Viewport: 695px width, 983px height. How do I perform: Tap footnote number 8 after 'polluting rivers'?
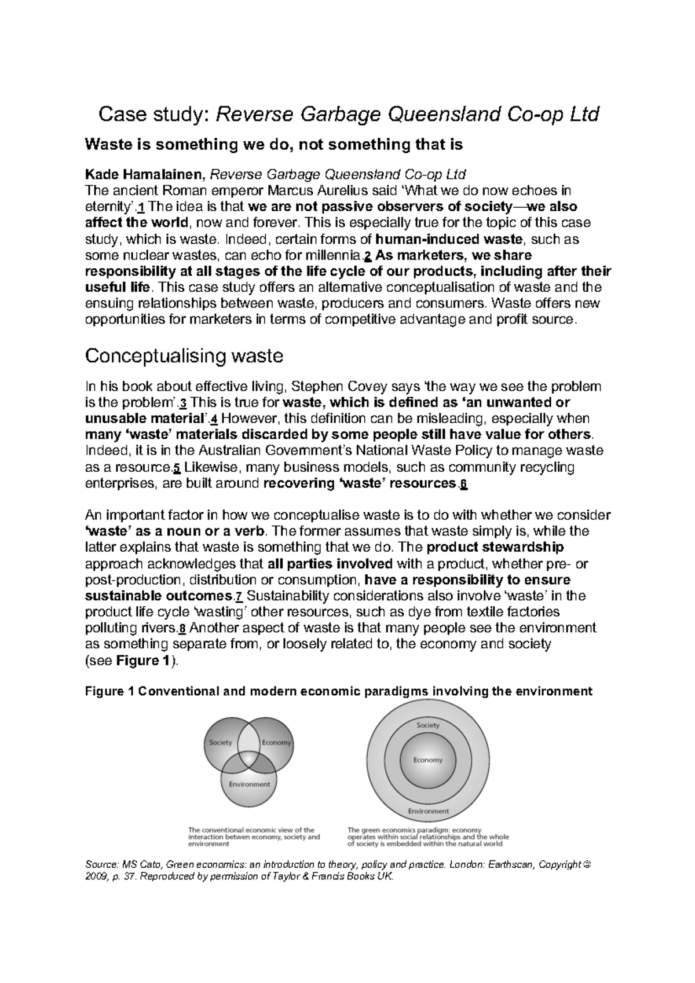click(183, 628)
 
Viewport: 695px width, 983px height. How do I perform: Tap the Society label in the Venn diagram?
click(220, 742)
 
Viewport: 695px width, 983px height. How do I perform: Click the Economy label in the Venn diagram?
click(276, 742)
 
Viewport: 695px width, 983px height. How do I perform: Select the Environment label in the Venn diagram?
click(249, 784)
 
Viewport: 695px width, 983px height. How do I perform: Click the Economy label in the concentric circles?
click(427, 760)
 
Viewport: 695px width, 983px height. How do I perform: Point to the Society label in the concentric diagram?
click(428, 725)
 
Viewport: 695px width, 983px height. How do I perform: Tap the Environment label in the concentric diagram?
click(428, 811)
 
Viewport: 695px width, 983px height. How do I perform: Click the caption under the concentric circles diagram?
click(427, 837)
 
